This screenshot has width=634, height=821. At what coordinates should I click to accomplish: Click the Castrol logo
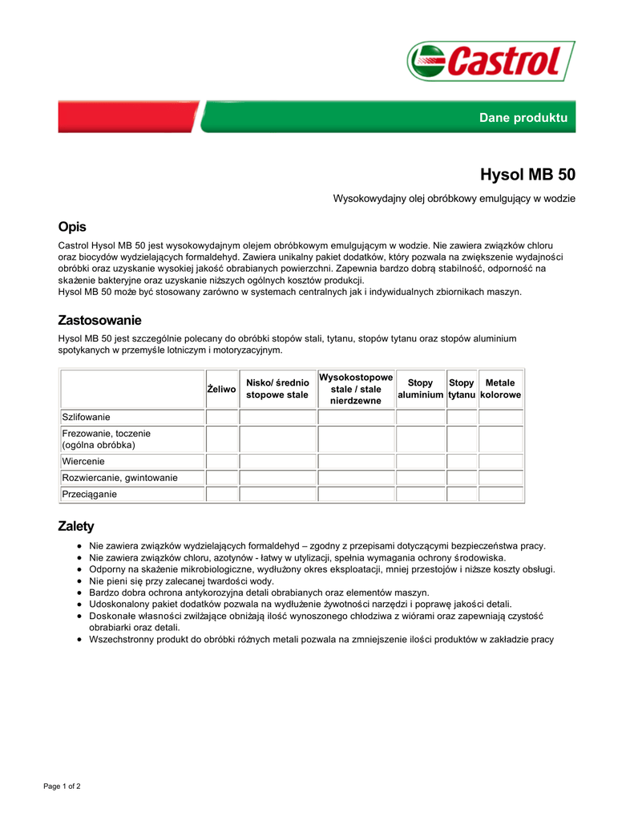(x=491, y=61)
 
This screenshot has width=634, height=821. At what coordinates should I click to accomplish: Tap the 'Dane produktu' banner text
(x=523, y=118)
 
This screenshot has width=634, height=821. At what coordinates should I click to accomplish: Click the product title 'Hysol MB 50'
(x=527, y=174)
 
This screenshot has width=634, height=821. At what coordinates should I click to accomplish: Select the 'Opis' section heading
(x=72, y=227)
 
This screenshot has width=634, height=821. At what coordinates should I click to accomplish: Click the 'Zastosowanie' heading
(x=99, y=320)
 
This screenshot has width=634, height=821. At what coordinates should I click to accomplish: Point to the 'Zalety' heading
(x=76, y=526)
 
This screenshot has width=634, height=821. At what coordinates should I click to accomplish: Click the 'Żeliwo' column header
(x=222, y=389)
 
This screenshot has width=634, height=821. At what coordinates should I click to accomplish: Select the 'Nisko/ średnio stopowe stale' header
(x=277, y=389)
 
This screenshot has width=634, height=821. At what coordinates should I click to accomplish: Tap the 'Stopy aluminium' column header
(x=420, y=389)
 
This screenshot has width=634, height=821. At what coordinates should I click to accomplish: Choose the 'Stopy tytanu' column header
(x=462, y=389)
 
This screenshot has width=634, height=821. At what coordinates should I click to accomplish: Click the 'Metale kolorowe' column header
(x=501, y=389)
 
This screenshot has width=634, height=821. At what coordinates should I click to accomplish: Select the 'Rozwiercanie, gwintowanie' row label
(x=120, y=478)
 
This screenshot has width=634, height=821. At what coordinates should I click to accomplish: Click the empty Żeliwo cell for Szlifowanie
(x=222, y=417)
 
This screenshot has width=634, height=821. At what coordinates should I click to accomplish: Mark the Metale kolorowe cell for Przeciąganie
(x=501, y=494)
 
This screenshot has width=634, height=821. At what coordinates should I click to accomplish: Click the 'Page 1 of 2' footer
(x=62, y=786)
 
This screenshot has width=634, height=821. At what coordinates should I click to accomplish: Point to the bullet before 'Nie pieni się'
(x=79, y=581)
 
